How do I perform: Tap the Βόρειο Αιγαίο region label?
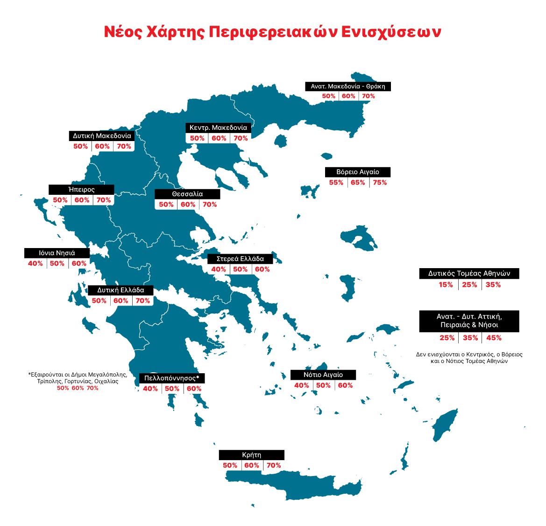[358, 172]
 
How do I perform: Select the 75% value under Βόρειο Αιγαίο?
[380, 183]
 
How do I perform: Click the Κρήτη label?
[251, 455]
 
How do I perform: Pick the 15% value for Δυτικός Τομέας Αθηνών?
[446, 285]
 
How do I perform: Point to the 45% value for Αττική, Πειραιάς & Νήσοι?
[494, 338]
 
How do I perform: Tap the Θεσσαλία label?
[187, 194]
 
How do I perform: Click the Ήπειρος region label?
[82, 190]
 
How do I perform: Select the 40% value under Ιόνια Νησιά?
[35, 263]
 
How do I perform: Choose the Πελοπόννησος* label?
[172, 378]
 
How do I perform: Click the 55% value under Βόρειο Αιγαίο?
[336, 183]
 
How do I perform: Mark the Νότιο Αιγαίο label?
[323, 375]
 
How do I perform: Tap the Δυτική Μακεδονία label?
[102, 136]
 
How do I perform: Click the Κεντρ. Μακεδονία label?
[218, 128]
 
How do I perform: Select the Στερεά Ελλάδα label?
[240, 259]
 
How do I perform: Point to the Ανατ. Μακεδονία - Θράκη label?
[348, 86]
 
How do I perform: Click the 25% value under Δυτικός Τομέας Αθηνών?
[469, 285]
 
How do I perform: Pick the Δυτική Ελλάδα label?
[121, 290]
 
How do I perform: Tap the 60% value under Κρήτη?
[252, 466]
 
